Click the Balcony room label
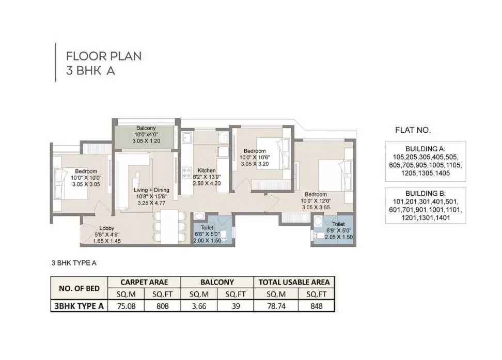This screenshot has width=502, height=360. click(x=146, y=128)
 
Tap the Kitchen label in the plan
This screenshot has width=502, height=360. click(x=207, y=170)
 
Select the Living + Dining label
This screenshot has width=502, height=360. click(x=151, y=190)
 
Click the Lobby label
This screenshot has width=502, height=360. click(x=106, y=228)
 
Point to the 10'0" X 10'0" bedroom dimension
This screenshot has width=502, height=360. click(x=86, y=178)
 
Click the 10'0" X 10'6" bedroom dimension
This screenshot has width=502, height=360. click(x=255, y=157)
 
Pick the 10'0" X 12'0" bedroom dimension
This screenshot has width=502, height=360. click(x=316, y=201)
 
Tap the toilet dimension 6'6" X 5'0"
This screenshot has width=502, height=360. click(x=207, y=234)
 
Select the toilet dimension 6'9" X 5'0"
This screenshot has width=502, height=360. click(x=339, y=230)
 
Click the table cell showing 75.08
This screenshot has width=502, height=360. click(x=127, y=306)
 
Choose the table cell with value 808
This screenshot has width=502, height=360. click(x=162, y=306)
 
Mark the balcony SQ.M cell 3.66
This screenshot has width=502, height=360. click(x=199, y=306)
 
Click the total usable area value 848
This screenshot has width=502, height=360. click(x=316, y=306)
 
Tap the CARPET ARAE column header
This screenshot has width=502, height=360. click(x=144, y=282)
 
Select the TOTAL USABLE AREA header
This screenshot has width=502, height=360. click(x=294, y=282)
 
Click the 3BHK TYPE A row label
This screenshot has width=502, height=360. click(x=79, y=306)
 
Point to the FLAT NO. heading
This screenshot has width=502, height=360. click(x=413, y=130)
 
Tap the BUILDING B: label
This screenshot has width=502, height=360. click(x=425, y=194)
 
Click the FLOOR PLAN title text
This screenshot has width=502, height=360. click(x=104, y=56)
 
